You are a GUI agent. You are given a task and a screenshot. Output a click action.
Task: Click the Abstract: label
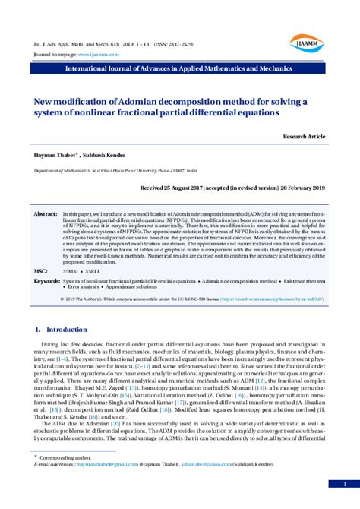pos(46,215)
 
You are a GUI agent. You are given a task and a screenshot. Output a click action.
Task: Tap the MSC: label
pos(41,270)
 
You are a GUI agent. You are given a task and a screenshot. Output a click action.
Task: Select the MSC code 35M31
pos(70,270)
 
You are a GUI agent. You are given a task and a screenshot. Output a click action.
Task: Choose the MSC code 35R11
pos(91,270)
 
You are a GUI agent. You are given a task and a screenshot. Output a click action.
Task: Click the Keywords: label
pos(47,281)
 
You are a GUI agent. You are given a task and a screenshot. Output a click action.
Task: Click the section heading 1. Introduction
pos(62,330)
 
